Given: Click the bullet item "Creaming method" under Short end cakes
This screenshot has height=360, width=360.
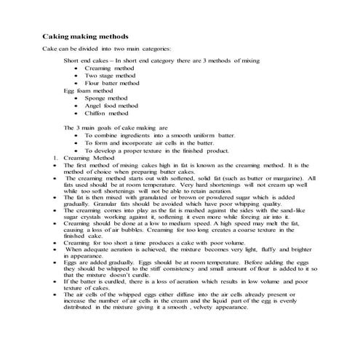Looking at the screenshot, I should [109, 68].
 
